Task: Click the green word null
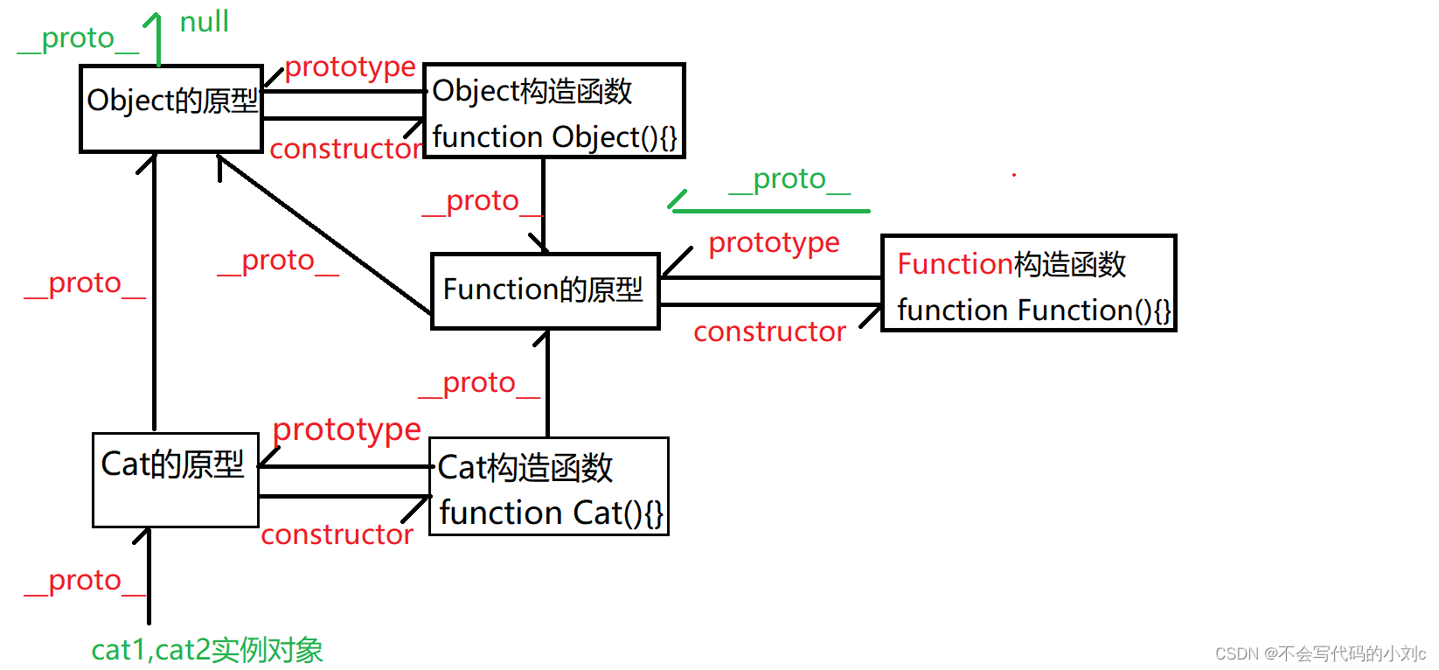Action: tap(204, 22)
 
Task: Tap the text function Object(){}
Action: tap(555, 137)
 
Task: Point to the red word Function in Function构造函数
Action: tap(956, 263)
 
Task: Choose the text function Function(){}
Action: tap(1034, 311)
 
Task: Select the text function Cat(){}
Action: tap(552, 513)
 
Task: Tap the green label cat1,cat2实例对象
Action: tap(207, 650)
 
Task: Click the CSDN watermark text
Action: tap(1320, 653)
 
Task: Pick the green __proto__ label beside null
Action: tap(78, 39)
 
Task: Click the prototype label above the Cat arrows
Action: tap(347, 430)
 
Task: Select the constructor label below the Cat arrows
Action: tap(337, 534)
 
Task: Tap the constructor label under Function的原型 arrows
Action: tap(769, 332)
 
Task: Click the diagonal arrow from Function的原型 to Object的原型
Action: tap(324, 234)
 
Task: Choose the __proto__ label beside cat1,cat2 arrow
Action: tap(85, 582)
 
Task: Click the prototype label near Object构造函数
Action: tap(350, 67)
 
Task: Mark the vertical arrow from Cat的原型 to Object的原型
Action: tap(154, 292)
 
